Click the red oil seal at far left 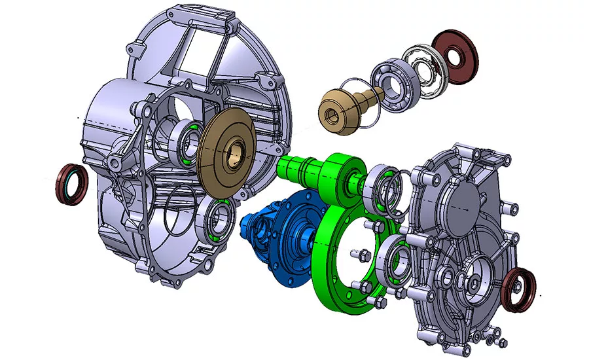(70, 185)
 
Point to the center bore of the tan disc (234, 158)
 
